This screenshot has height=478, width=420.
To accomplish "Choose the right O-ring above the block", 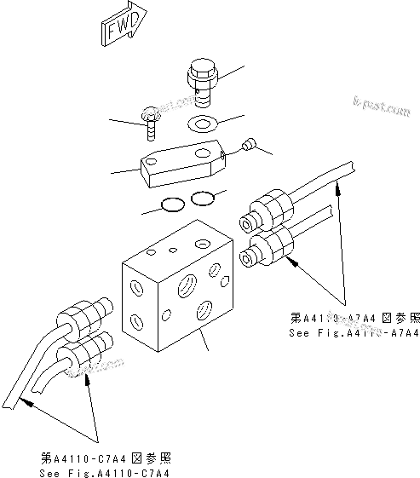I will point(203,199).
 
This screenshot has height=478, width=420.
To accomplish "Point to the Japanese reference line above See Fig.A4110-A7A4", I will point(354,317).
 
